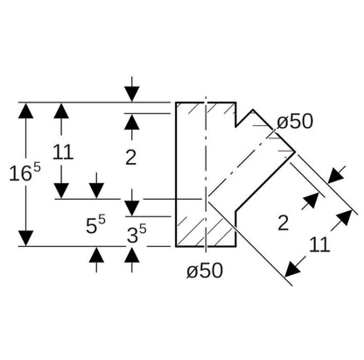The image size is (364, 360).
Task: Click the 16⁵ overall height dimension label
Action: (24, 173)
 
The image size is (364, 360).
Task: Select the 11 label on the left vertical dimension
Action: (63, 152)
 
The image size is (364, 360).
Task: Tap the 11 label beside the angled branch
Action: (319, 244)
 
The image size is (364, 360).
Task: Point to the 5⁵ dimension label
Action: (95, 224)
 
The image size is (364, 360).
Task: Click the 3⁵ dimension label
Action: (136, 234)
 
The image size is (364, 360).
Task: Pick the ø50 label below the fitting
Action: (205, 270)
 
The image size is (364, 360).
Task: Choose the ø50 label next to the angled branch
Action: (295, 122)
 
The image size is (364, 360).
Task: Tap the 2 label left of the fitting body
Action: (131, 158)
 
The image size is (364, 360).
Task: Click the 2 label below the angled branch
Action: (283, 223)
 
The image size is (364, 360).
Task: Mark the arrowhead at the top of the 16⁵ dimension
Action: (25, 110)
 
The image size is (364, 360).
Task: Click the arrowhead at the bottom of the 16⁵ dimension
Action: (25, 238)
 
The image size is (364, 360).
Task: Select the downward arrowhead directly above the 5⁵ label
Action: (96, 190)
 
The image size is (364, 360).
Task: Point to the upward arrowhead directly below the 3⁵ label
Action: (132, 255)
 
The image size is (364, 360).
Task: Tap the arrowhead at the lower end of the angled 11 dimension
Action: (292, 269)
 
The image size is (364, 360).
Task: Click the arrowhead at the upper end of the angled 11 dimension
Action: (345, 217)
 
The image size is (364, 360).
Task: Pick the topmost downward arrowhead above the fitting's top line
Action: (132, 94)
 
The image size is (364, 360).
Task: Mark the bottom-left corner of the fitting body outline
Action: (176, 246)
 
